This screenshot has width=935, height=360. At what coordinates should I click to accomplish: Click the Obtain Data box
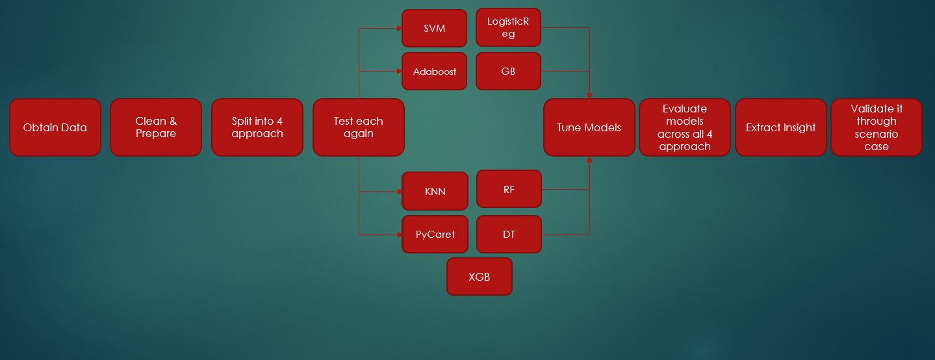coord(55,127)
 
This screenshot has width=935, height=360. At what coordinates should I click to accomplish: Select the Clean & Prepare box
coord(156,127)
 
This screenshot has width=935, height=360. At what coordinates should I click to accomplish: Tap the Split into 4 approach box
coord(257,127)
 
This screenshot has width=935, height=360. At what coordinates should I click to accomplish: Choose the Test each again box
coord(358,127)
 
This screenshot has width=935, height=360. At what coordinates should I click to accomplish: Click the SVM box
coord(434,29)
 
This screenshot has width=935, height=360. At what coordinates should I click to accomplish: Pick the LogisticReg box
coord(508,28)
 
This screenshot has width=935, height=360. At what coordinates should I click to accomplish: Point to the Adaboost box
coord(434,71)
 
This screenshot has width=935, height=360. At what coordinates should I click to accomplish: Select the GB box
coord(508,71)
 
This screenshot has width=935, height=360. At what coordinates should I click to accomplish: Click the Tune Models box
coord(589,127)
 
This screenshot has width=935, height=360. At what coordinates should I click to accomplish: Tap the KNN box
coord(435,191)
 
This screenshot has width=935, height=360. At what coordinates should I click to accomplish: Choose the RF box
coord(509,189)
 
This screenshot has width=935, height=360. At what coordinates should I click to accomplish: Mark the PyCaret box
coord(435,234)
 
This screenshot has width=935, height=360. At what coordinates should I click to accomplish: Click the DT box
coord(509,234)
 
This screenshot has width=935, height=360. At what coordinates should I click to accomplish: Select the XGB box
coord(479,276)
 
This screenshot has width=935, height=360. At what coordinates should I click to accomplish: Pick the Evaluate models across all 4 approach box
coord(685,127)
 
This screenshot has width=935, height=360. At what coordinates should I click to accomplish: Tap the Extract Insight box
coord(780,127)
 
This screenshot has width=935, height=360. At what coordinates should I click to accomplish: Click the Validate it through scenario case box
coord(876,127)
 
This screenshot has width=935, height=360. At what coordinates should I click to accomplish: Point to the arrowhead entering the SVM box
coord(399,29)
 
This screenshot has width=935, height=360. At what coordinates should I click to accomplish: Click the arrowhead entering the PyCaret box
coord(400,234)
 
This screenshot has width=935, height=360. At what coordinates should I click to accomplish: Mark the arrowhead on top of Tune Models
coord(589,96)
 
